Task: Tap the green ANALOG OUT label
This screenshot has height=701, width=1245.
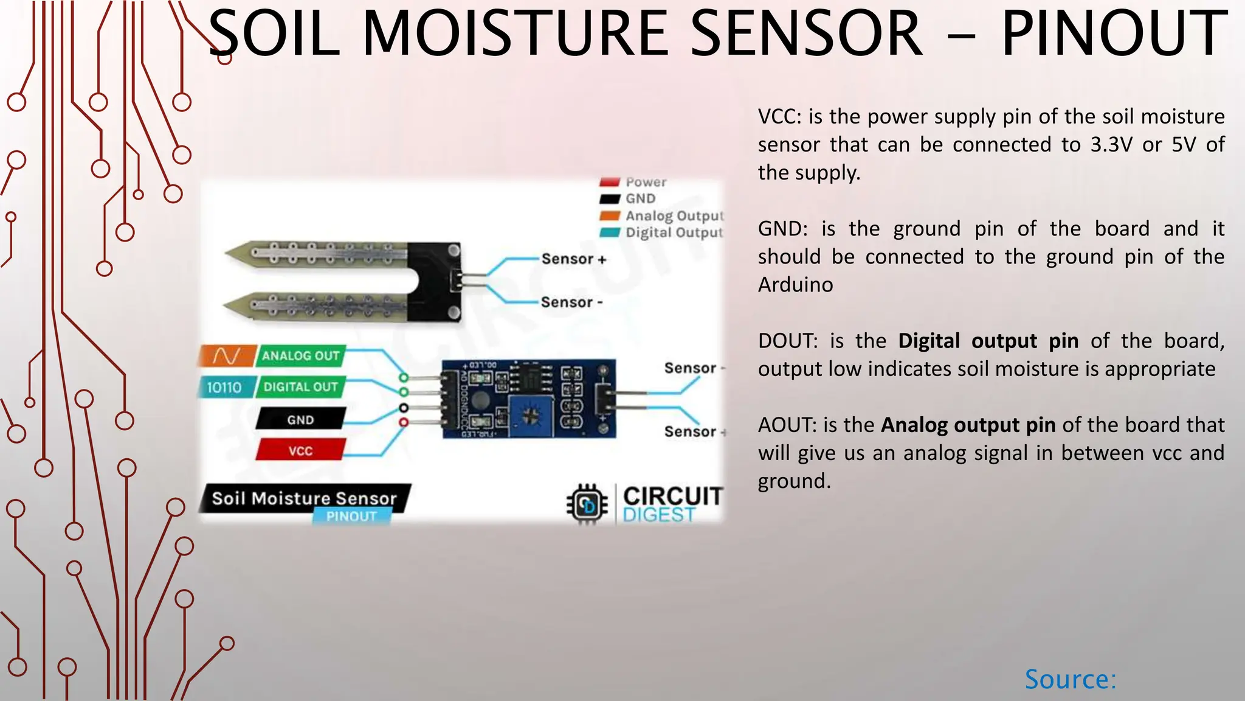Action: tap(300, 356)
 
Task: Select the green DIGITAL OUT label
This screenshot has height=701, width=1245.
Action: tap(300, 387)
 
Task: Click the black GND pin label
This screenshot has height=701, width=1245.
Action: tap(300, 420)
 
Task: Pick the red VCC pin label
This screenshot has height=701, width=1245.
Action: tap(300, 451)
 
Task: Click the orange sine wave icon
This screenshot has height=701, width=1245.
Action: tap(226, 356)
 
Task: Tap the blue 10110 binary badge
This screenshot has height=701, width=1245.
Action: tap(224, 388)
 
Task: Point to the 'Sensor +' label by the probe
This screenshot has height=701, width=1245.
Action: tap(573, 259)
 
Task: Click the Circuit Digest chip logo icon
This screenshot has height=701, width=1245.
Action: tap(587, 504)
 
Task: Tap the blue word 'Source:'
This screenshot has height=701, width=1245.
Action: tap(1071, 679)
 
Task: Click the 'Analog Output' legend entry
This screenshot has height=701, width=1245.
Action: tap(674, 216)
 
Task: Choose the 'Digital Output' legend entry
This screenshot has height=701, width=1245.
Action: tap(674, 232)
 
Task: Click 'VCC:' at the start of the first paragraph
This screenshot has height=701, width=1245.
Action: tap(779, 117)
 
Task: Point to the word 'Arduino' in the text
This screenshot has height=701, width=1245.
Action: tap(795, 285)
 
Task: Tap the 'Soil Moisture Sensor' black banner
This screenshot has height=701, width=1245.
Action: tap(304, 498)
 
